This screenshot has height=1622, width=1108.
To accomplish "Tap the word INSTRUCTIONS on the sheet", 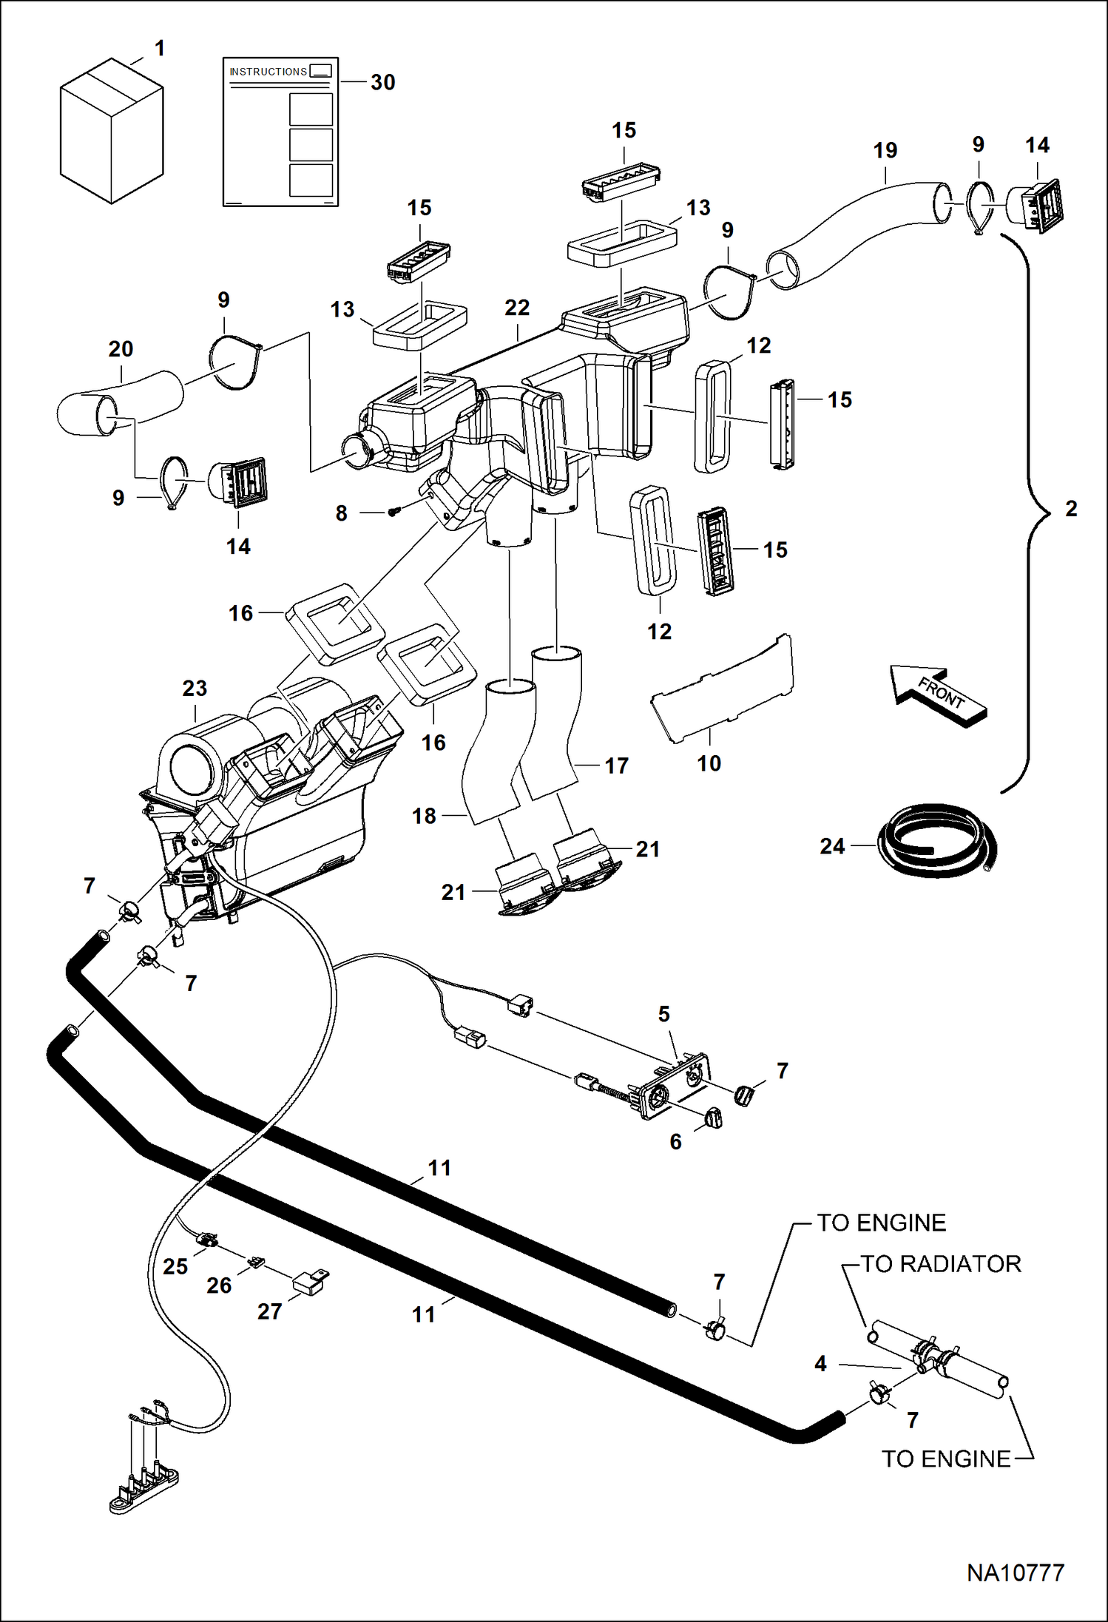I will pyautogui.click(x=268, y=72).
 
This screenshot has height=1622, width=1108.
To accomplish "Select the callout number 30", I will pyautogui.click(x=382, y=82).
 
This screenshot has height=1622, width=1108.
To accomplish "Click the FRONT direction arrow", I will pyautogui.click(x=939, y=695).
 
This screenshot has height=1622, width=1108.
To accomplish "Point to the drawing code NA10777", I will pyautogui.click(x=1015, y=1572).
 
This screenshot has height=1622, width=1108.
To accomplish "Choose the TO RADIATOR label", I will pyautogui.click(x=941, y=1264).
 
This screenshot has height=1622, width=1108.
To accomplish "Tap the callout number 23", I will pyautogui.click(x=195, y=688).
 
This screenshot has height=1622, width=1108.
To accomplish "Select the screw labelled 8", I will pyautogui.click(x=394, y=511).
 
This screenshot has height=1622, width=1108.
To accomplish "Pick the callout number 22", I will pyautogui.click(x=517, y=308).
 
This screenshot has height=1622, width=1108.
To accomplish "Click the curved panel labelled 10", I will pyautogui.click(x=722, y=688).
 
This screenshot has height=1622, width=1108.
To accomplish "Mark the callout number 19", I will pyautogui.click(x=885, y=150).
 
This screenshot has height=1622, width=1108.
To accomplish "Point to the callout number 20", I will pyautogui.click(x=121, y=348).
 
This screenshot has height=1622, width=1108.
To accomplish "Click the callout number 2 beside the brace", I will pyautogui.click(x=1071, y=508).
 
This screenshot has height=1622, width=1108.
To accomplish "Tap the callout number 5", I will pyautogui.click(x=663, y=1014).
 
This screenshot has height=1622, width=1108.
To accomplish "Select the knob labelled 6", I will pyautogui.click(x=713, y=1118).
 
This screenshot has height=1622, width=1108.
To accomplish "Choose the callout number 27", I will pyautogui.click(x=269, y=1311).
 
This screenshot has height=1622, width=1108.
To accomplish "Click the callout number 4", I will pyautogui.click(x=820, y=1363).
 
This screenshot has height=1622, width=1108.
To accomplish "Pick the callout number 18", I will pyautogui.click(x=424, y=816).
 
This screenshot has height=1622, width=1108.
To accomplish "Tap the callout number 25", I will pyautogui.click(x=175, y=1266).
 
